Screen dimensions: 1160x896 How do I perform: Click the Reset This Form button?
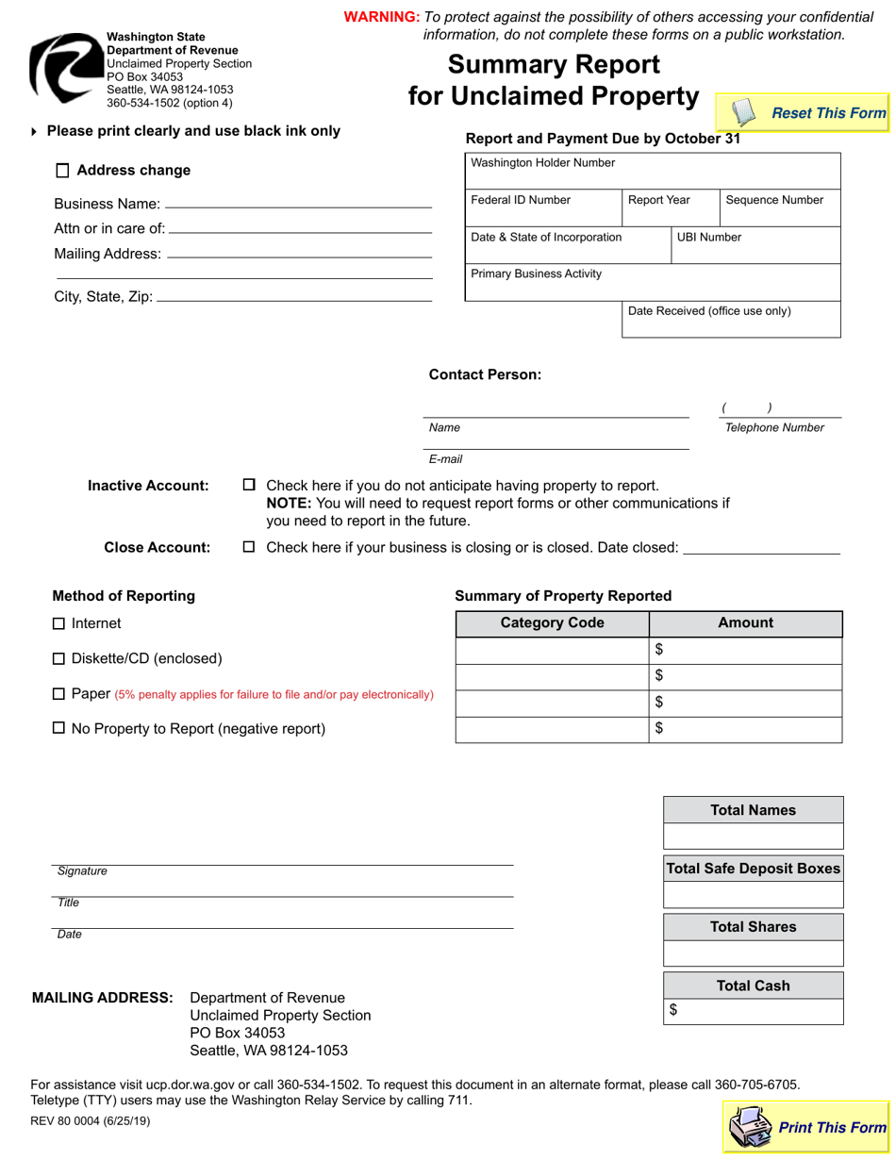point(803,113)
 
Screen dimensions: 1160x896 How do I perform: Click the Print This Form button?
point(806,1127)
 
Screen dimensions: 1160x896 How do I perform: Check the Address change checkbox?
point(63,171)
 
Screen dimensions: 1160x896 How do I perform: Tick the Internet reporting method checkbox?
point(59,623)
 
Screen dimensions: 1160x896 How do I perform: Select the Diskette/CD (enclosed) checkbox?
point(59,658)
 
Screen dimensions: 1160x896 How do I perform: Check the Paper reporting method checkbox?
point(59,694)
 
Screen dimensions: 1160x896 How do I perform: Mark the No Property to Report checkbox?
point(59,728)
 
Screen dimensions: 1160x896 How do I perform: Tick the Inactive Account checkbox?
point(250,485)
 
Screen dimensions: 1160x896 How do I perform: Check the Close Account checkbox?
point(250,547)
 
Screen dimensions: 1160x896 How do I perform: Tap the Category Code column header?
point(553,623)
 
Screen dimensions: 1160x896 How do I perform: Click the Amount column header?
point(745,623)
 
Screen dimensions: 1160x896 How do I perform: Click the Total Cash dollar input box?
point(759,1011)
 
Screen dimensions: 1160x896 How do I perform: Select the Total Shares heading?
point(753,927)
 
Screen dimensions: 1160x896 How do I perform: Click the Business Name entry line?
point(298,203)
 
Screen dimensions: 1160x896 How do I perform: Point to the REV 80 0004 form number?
point(90,1121)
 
